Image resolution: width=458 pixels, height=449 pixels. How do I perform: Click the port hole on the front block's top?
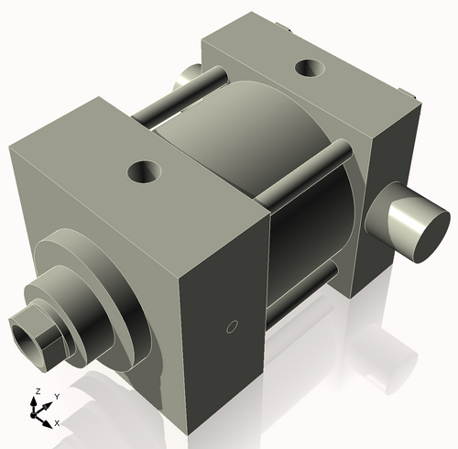(x=145, y=170)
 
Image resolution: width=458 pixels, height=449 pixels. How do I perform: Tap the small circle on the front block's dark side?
(x=232, y=325)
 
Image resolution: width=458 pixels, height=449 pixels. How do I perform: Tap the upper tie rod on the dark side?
(x=307, y=170)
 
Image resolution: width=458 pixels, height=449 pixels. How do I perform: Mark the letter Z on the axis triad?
(x=37, y=390)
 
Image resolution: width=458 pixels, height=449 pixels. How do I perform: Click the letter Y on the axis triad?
(x=56, y=395)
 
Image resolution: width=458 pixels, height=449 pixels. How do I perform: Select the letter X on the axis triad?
(x=57, y=422)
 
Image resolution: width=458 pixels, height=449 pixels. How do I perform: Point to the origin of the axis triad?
(x=39, y=413)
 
